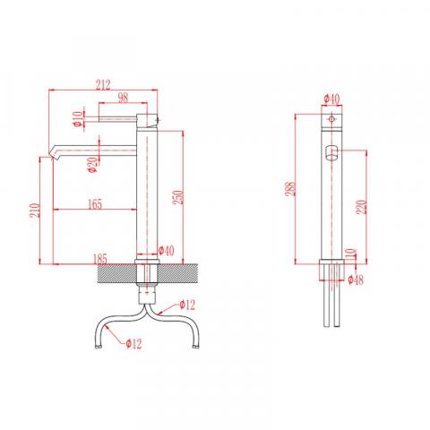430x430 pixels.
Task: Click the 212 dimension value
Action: [103, 85]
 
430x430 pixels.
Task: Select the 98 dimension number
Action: [123, 98]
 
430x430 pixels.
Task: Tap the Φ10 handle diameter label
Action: [77, 119]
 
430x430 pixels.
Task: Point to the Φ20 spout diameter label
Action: [93, 165]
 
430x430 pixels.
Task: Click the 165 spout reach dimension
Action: [95, 204]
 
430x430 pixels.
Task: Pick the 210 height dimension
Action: [35, 211]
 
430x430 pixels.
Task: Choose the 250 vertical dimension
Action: [178, 197]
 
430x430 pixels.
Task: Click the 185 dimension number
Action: [100, 259]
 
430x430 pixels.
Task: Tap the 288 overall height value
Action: [290, 189]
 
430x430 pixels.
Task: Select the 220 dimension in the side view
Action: [361, 207]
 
